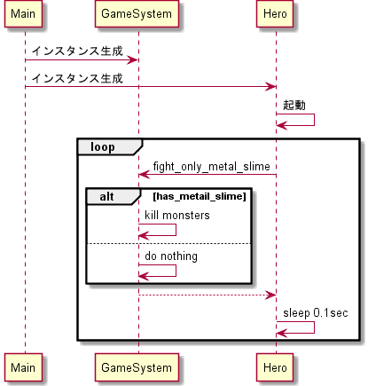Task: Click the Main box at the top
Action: pos(25,16)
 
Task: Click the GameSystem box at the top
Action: pos(138,16)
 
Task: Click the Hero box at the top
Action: pos(276,16)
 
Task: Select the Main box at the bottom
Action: pos(25,366)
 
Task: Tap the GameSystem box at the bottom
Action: pos(138,366)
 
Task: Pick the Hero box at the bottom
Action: pos(276,366)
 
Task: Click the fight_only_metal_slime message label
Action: pos(211,166)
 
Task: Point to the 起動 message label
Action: pos(294,105)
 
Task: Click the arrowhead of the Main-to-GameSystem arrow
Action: pos(134,59)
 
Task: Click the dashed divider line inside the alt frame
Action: pos(168,243)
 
